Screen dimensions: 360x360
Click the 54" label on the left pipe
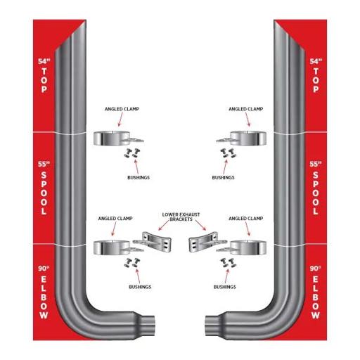click(44, 61)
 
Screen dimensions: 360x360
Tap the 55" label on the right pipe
click(316, 164)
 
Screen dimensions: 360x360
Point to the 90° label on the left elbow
click(44, 269)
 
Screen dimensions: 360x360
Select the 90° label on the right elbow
click(316, 269)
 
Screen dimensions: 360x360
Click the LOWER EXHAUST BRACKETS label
click(181, 217)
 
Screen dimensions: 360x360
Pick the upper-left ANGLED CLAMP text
click(122, 109)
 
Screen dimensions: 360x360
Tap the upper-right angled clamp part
click(241, 139)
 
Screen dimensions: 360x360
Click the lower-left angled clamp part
click(118, 247)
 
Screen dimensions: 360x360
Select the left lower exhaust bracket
click(153, 242)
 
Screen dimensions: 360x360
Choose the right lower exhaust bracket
click(207, 242)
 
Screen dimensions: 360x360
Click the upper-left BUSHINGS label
click(139, 177)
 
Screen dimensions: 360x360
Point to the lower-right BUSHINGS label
click(225, 287)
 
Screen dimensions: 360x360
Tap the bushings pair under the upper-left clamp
click(132, 153)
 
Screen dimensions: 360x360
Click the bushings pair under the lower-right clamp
click(229, 263)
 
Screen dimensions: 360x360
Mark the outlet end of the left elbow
click(152, 326)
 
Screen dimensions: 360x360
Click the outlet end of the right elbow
click(208, 326)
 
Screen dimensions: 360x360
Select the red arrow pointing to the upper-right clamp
click(247, 120)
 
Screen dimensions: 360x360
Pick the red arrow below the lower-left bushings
click(138, 276)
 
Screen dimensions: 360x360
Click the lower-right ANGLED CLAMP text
click(245, 219)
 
